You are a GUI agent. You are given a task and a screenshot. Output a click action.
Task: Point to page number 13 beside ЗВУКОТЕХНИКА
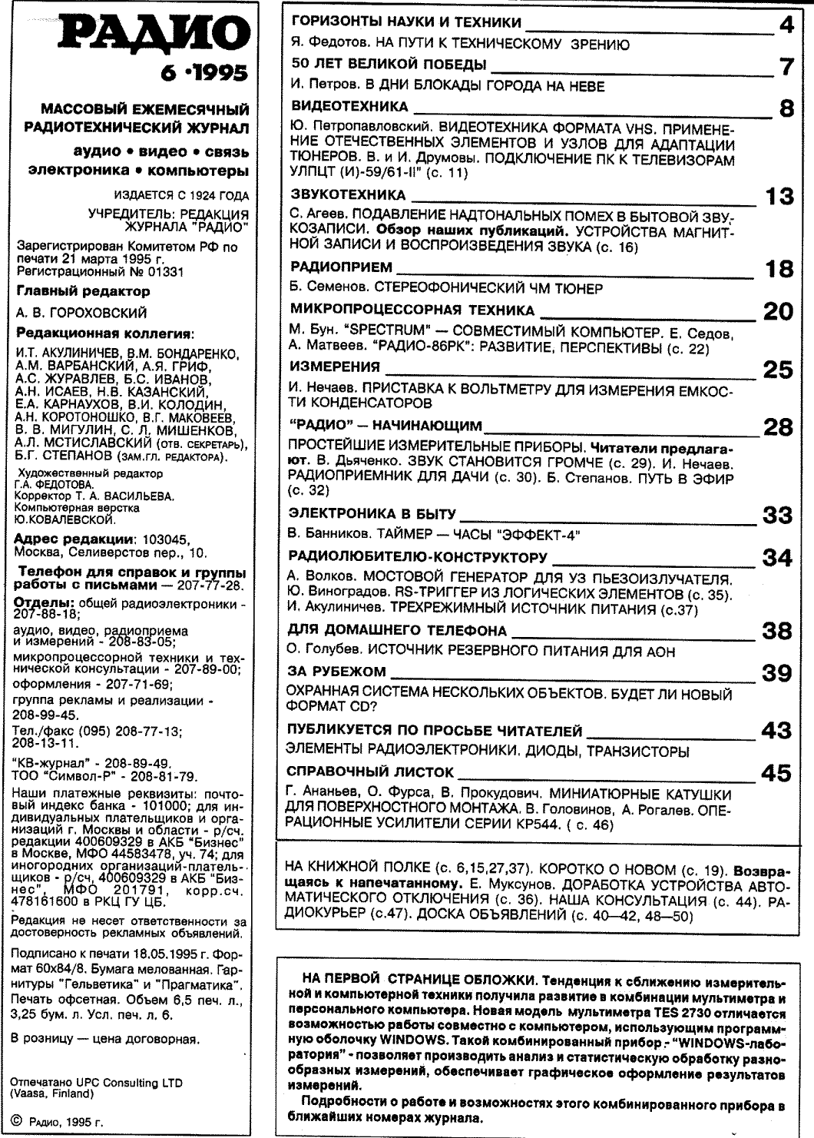pos(779,197)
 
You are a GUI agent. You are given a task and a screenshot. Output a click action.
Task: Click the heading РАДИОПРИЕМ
pos(342,267)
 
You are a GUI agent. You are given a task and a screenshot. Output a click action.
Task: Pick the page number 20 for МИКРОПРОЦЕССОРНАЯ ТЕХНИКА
pos(777,310)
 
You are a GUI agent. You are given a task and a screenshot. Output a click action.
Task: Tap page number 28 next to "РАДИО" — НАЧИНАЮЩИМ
pos(777,426)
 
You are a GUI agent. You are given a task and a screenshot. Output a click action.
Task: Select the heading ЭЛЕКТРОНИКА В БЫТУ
pos(372,513)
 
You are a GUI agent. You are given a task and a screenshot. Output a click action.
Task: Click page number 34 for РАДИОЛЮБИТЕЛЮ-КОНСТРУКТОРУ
pos(777,557)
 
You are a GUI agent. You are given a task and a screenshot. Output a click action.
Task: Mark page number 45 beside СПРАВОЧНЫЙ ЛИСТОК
pos(776,773)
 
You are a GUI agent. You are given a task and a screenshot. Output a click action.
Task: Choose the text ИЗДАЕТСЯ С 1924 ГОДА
pos(180,196)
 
